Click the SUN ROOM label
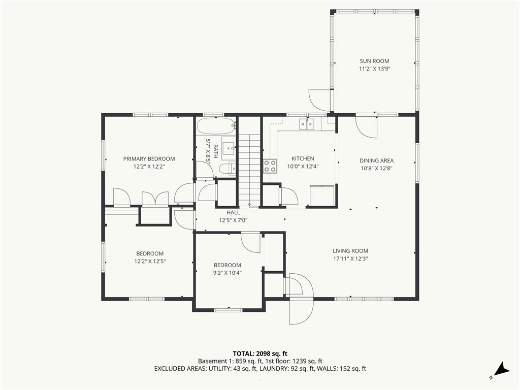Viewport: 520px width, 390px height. (374, 61)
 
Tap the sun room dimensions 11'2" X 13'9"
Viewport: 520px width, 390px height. (374, 69)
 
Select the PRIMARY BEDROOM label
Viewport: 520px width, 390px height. (149, 159)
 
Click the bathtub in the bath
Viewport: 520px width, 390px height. (216, 125)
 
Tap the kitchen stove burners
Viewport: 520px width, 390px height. (270, 166)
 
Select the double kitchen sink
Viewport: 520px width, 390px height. (307, 124)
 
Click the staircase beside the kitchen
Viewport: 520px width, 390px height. (249, 168)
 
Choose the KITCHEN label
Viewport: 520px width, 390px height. (302, 158)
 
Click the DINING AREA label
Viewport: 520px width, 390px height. (376, 160)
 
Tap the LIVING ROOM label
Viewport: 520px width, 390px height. (350, 250)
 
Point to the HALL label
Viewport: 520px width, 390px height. (233, 213)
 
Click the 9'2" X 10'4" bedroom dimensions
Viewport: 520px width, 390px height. (227, 273)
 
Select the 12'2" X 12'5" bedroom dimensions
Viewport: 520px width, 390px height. (150, 262)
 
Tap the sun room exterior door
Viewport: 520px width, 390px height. (319, 100)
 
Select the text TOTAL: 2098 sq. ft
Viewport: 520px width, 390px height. (260, 353)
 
